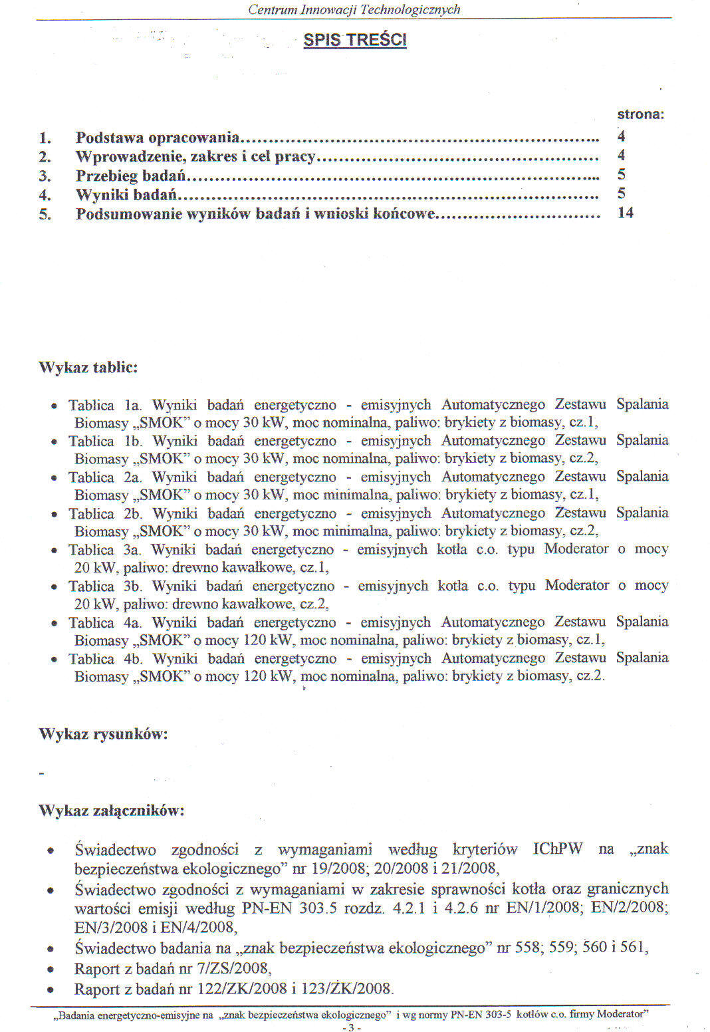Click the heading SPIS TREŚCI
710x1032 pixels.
(355, 40)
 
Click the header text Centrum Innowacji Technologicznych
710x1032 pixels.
(354, 9)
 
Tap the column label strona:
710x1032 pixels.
(641, 114)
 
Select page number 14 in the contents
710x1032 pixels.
(625, 213)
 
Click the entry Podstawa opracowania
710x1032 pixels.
(157, 138)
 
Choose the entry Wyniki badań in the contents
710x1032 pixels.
(126, 195)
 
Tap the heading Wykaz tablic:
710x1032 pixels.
(88, 368)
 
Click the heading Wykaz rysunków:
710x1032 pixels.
(102, 734)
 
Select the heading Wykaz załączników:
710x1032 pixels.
(111, 811)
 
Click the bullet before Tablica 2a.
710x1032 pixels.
(54, 478)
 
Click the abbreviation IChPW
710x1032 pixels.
(558, 849)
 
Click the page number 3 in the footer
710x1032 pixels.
(351, 1027)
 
